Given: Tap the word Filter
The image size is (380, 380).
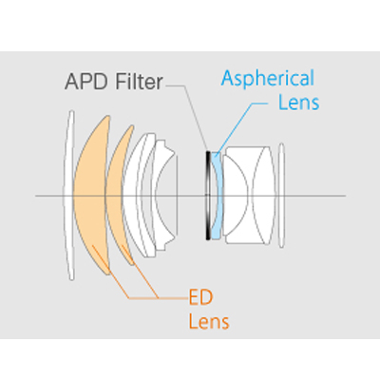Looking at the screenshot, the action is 139,82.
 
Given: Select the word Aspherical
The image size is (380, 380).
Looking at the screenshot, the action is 268,78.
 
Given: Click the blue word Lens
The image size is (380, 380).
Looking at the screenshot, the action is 298,103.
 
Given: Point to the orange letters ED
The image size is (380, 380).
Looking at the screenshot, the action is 200,298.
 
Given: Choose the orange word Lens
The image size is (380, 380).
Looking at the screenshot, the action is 209,322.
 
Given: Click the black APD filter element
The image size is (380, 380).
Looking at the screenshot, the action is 208,196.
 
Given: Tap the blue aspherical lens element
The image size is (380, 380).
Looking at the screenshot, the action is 217,196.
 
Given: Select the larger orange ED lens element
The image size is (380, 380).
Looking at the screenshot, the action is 90,195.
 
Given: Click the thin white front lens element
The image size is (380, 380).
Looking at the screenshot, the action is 67,195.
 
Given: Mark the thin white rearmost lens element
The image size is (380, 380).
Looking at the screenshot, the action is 281,196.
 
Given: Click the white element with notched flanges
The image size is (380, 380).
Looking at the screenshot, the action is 164,195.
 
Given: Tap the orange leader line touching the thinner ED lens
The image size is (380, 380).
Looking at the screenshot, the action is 141,272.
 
